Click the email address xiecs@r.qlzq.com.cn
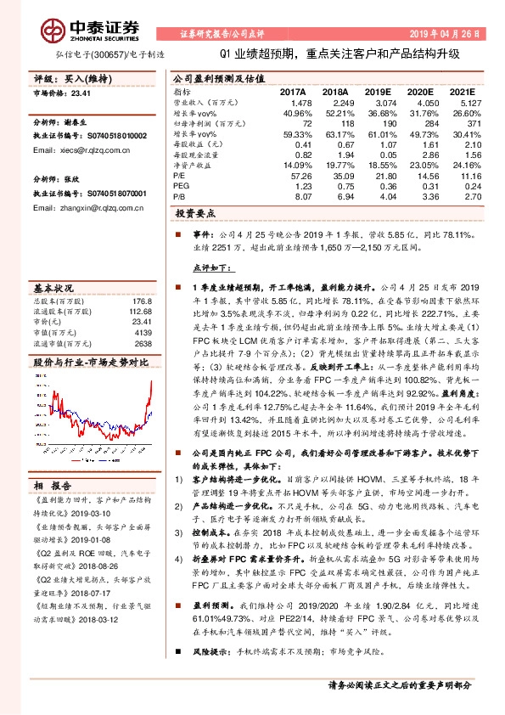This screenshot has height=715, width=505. [76, 149]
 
